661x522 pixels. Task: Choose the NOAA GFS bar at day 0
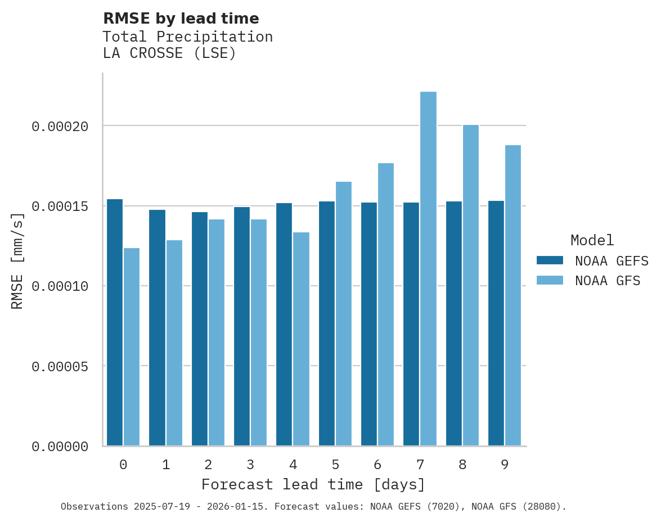[x=132, y=347]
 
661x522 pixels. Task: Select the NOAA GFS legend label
[x=608, y=281]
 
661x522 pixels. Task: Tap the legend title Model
[x=592, y=240]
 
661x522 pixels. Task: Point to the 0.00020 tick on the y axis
[x=60, y=127]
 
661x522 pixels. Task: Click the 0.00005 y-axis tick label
[x=60, y=367]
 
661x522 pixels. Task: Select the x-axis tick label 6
[x=377, y=465]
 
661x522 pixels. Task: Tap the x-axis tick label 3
[x=250, y=465]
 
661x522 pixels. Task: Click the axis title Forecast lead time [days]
[x=313, y=484]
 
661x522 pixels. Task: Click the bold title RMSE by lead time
[x=181, y=19]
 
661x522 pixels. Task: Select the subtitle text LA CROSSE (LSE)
[x=169, y=53]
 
